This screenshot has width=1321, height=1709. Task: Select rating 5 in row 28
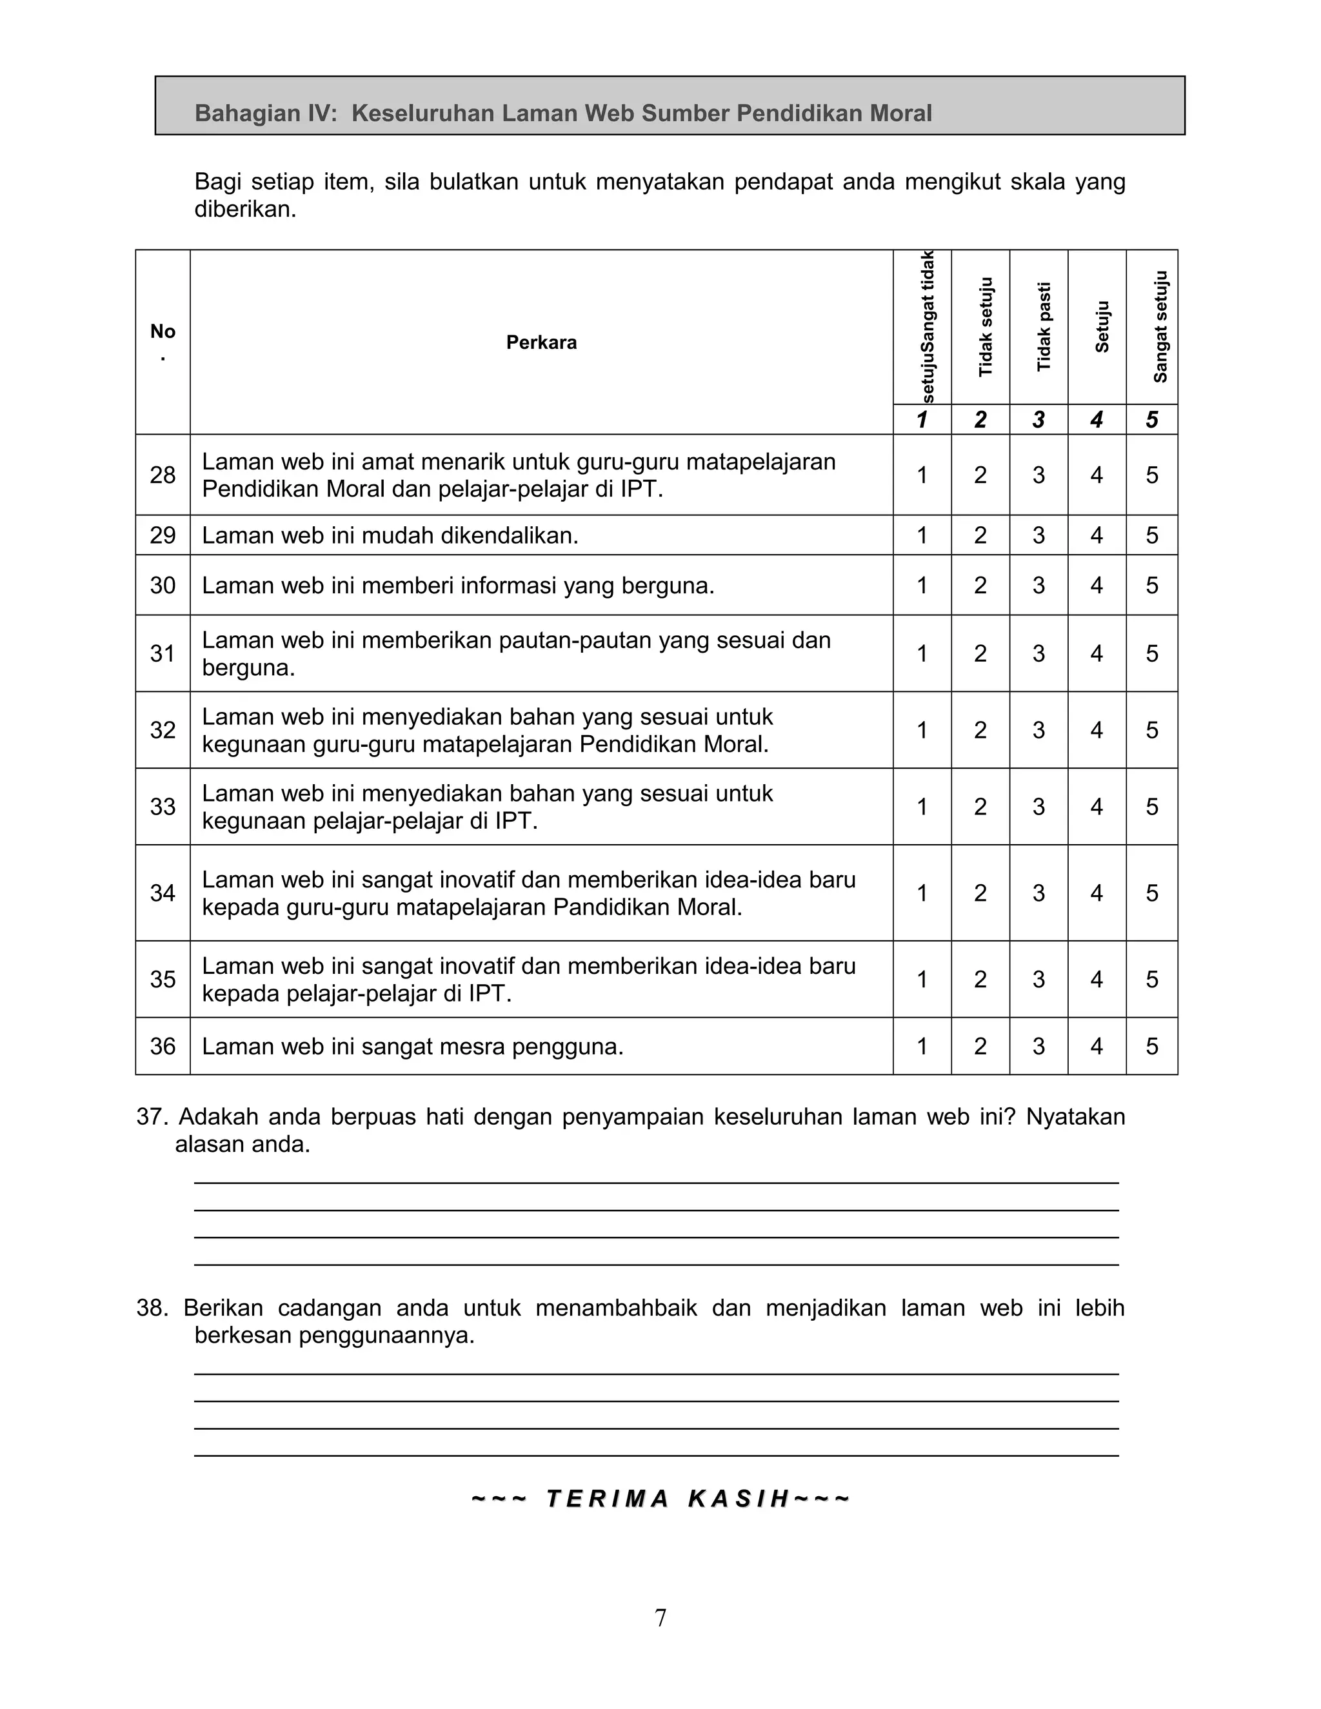click(1151, 475)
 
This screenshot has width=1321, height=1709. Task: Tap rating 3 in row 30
click(1038, 586)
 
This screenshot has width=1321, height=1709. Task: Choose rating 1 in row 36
click(922, 1046)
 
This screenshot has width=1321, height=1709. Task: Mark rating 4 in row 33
click(1097, 807)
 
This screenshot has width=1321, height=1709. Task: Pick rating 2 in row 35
click(980, 979)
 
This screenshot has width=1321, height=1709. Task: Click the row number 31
click(163, 653)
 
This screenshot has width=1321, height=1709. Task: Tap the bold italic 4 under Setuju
click(1097, 420)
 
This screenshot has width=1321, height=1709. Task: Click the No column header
click(163, 331)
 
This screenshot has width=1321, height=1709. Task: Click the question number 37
click(152, 1116)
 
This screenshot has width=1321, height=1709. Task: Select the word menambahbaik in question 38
click(616, 1308)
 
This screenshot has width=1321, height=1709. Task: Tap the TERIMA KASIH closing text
click(660, 1499)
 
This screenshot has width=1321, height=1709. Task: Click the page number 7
click(660, 1617)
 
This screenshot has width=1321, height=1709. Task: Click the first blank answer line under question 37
click(656, 1182)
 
